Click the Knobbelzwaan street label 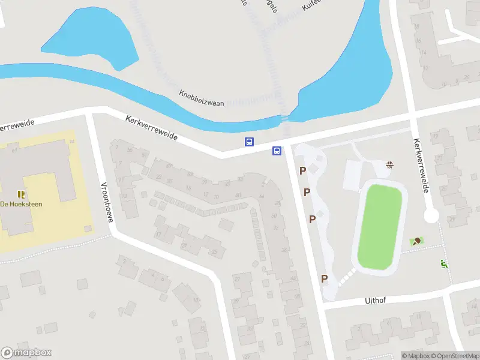click(x=201, y=98)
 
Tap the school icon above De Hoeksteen click(x=21, y=194)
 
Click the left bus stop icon click(x=249, y=142)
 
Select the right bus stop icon click(x=277, y=151)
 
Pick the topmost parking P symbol click(x=303, y=171)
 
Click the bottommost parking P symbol click(x=324, y=278)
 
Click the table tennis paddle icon click(x=415, y=241)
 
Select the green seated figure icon click(x=444, y=263)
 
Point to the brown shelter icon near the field click(x=391, y=164)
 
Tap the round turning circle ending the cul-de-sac click(x=431, y=216)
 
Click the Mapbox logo click(x=26, y=353)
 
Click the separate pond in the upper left click(x=90, y=36)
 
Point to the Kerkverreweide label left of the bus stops click(x=152, y=128)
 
